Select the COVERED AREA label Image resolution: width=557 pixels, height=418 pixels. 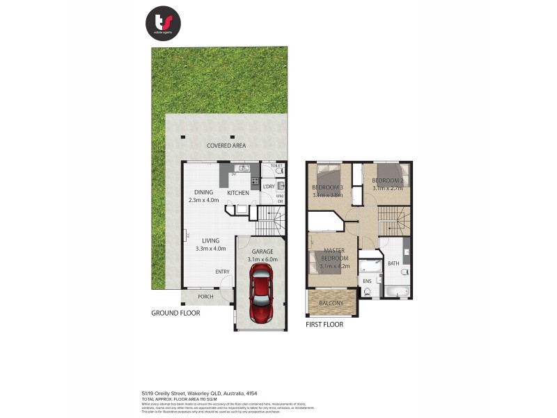click(x=226, y=146)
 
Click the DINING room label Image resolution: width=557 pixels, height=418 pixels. click(x=203, y=192)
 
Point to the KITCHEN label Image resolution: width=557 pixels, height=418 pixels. click(x=238, y=192)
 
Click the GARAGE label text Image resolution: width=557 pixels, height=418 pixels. click(x=262, y=251)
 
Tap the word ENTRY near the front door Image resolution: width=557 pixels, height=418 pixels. click(x=222, y=272)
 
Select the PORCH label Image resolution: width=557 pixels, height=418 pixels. click(x=205, y=297)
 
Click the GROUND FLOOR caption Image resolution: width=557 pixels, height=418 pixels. click(x=175, y=313)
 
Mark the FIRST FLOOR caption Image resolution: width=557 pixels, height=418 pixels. click(x=324, y=324)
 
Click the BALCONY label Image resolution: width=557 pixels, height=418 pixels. click(x=331, y=303)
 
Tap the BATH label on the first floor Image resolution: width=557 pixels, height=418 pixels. click(x=393, y=263)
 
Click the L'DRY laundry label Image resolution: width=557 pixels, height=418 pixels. click(x=268, y=187)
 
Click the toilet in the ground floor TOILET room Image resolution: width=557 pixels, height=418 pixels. click(x=279, y=171)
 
